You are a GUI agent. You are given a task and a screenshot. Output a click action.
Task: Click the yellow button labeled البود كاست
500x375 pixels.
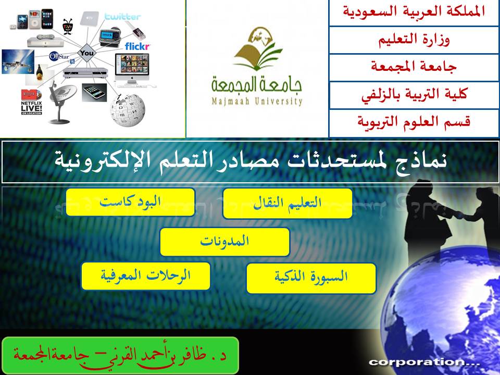130,202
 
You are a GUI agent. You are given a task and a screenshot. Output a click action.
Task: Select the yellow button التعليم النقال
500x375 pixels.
287,204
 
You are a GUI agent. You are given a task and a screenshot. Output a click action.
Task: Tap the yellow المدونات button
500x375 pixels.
225,241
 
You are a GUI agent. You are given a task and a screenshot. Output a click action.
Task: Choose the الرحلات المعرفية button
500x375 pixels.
146,276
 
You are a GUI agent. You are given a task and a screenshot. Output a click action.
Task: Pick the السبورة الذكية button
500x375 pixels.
311,278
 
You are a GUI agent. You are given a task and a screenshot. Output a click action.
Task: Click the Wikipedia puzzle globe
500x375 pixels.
128,110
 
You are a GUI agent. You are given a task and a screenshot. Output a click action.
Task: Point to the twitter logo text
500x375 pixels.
122,17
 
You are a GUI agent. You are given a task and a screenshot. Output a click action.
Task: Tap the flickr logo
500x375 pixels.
137,46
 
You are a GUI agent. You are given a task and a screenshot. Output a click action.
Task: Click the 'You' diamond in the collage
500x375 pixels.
87,53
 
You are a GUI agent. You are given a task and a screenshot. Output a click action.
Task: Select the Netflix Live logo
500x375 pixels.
31,102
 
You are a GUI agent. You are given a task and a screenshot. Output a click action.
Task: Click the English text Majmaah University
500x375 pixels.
257,102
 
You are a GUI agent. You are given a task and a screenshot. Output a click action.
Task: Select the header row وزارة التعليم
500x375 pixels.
414,40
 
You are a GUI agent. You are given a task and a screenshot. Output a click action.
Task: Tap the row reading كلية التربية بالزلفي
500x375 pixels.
414,95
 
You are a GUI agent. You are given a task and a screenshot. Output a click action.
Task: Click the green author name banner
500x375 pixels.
120,355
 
